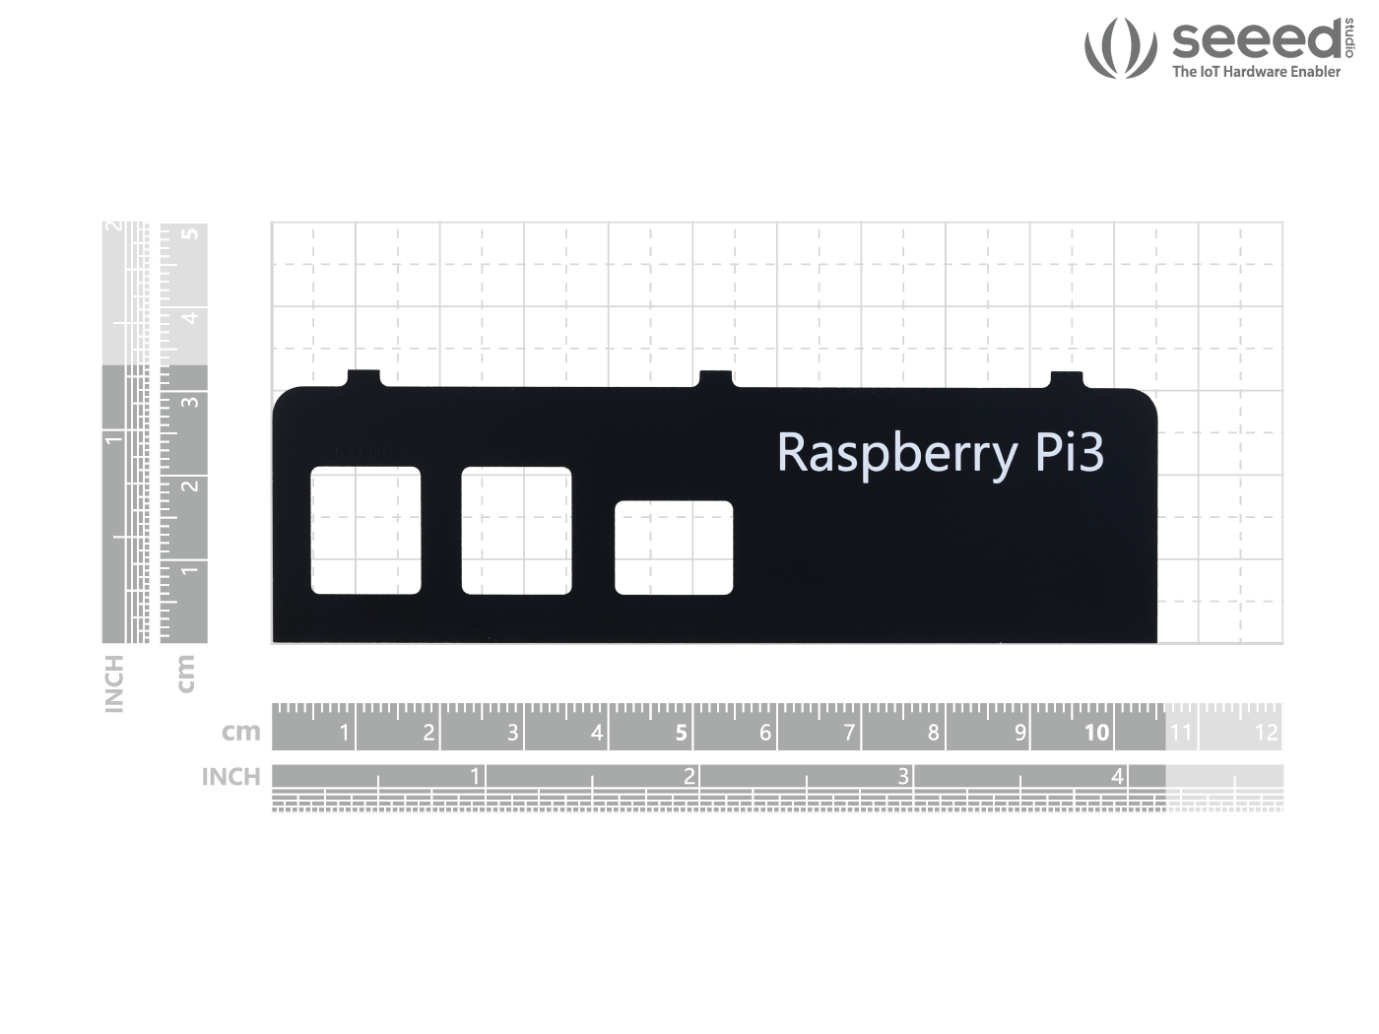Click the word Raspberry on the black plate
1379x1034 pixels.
pyautogui.click(x=896, y=453)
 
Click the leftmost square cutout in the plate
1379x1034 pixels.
pyautogui.click(x=365, y=531)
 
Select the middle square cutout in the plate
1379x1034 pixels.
pyautogui.click(x=516, y=531)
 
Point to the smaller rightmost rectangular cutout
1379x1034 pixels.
pyautogui.click(x=674, y=548)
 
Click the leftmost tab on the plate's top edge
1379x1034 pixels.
pyautogui.click(x=363, y=378)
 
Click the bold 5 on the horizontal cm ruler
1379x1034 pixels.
pyautogui.click(x=681, y=733)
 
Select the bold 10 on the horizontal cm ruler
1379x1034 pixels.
pyautogui.click(x=1096, y=733)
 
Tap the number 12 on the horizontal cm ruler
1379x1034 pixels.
pyautogui.click(x=1266, y=733)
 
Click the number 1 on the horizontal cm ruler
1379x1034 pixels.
pyautogui.click(x=344, y=733)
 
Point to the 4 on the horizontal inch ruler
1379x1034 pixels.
pyautogui.click(x=1117, y=777)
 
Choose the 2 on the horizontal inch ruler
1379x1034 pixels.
pyautogui.click(x=689, y=777)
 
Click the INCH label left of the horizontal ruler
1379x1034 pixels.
pyautogui.click(x=230, y=777)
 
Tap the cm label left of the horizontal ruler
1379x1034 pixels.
pyautogui.click(x=240, y=732)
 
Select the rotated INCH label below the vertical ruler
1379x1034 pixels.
pyautogui.click(x=114, y=683)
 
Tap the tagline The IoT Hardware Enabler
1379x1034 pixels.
pyautogui.click(x=1256, y=72)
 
